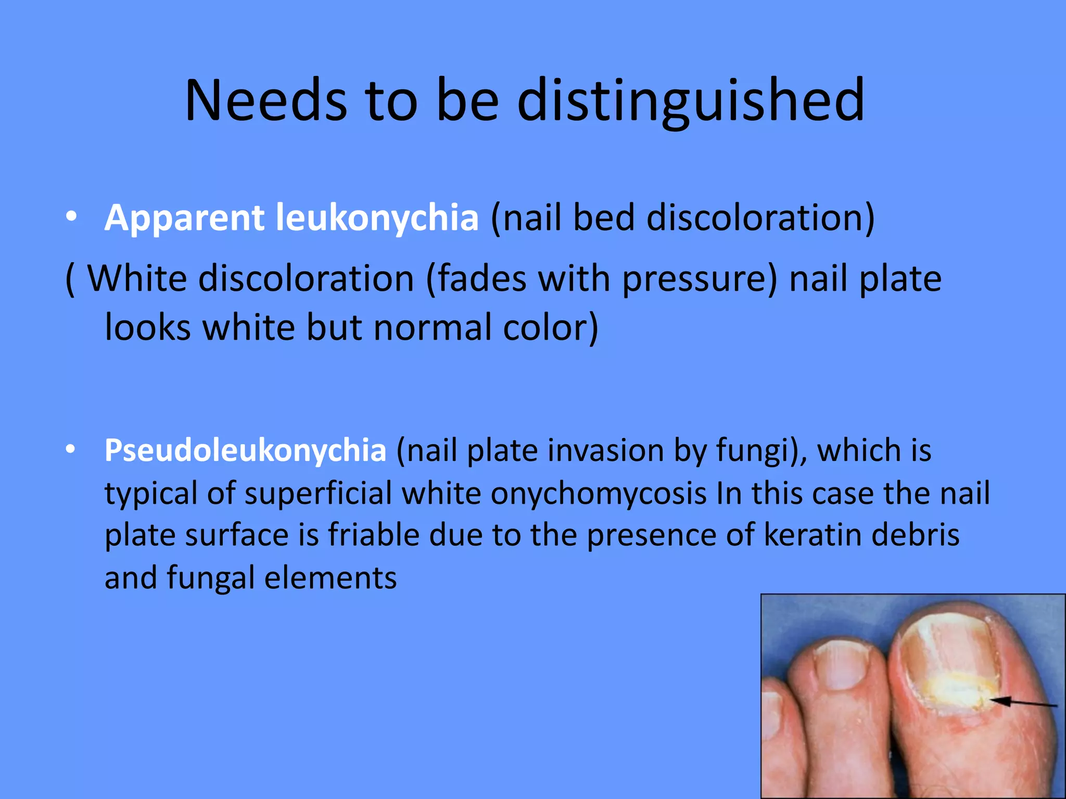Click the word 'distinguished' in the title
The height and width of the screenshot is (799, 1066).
(691, 100)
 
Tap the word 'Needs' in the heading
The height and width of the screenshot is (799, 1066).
(266, 100)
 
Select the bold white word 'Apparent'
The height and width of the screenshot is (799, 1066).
(185, 217)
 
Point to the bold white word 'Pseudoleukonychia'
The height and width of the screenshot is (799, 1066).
(245, 450)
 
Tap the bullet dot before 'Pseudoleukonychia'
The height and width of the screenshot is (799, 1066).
(71, 448)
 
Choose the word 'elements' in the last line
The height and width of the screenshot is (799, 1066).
(330, 577)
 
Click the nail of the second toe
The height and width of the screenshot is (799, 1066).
(840, 666)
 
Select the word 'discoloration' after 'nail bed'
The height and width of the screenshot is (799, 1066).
(755, 217)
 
